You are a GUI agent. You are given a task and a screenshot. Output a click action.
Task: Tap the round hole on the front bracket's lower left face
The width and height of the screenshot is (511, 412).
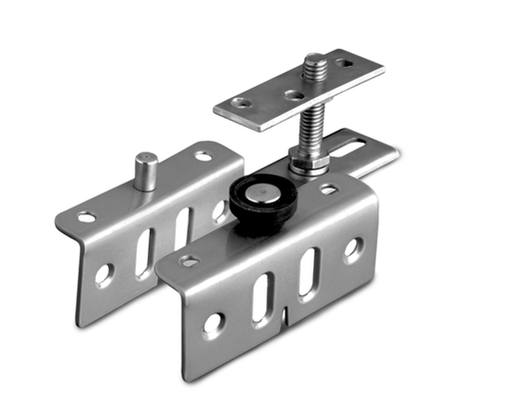(x=211, y=322)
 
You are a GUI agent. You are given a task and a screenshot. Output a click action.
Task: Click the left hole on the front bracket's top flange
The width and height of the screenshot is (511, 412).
(x=189, y=261)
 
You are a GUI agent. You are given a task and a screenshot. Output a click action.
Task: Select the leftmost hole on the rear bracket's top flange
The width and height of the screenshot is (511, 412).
(x=86, y=216)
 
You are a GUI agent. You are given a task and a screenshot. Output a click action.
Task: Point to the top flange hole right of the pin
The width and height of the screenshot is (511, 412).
(x=204, y=156)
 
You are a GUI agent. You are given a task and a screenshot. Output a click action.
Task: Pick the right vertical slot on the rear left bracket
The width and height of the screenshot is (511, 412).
(x=183, y=229)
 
